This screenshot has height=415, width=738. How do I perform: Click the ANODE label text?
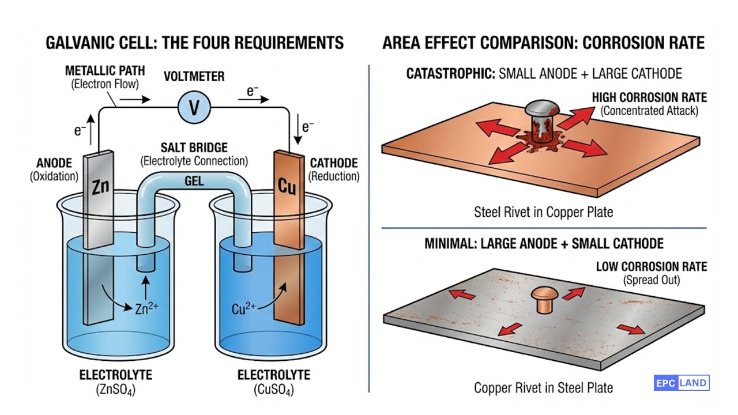click(x=53, y=163)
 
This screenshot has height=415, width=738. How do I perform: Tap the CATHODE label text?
click(x=334, y=163)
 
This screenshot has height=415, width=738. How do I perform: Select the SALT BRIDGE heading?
click(x=194, y=148)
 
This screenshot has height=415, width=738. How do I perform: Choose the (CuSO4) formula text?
click(x=273, y=390)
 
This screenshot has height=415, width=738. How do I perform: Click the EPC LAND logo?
click(x=681, y=383)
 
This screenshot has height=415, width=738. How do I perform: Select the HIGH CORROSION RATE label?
click(x=649, y=97)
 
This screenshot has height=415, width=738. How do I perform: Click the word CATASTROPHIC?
click(x=449, y=74)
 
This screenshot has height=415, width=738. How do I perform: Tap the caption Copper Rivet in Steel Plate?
click(x=543, y=387)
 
